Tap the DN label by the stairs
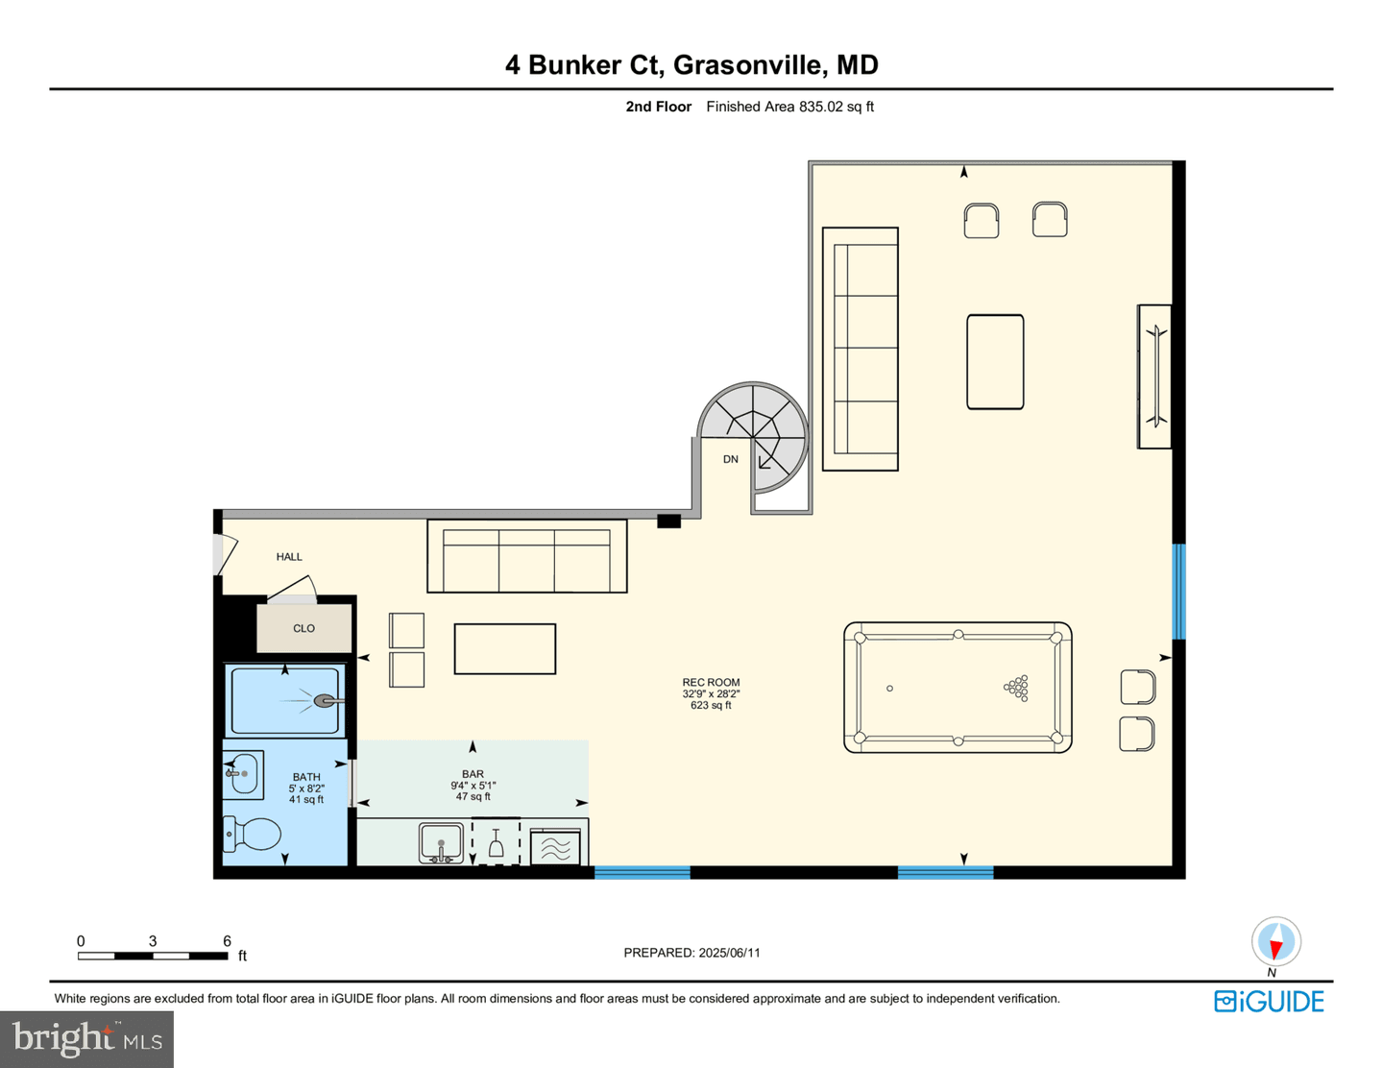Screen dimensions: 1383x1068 (730, 459)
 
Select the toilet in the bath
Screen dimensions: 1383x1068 (252, 834)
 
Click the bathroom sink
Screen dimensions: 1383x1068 (242, 774)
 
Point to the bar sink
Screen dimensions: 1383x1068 (441, 843)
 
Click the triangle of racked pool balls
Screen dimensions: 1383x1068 (1016, 688)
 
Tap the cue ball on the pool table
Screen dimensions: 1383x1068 (889, 688)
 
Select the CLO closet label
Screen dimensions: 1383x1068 (303, 628)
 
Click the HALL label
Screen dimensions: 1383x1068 (289, 557)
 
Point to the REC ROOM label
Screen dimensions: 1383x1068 (711, 682)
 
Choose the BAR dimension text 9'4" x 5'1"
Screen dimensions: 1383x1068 (473, 786)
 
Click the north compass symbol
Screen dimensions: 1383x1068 (1276, 942)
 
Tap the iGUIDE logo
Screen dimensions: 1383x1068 (1269, 1001)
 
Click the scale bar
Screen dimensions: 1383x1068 (153, 956)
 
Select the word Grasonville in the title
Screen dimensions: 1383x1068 (751, 65)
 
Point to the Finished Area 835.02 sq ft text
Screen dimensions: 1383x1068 (789, 107)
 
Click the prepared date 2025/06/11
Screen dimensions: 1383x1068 (729, 953)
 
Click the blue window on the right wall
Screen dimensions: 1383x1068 (1178, 592)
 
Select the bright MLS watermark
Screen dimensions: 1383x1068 (87, 1039)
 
